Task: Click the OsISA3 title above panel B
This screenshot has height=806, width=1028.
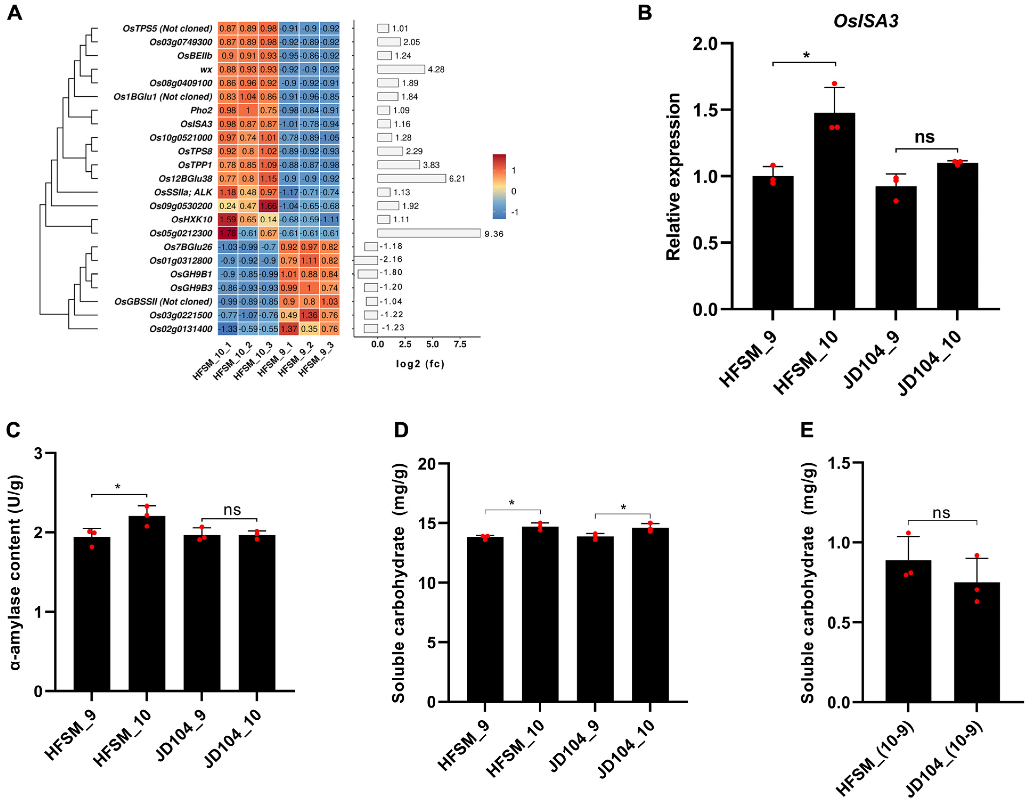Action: (x=865, y=21)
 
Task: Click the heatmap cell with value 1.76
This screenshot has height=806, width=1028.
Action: (x=227, y=233)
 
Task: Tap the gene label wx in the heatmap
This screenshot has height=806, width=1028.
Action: (x=206, y=69)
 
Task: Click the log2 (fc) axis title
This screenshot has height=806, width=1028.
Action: (x=420, y=364)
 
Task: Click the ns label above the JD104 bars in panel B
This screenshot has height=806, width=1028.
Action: (x=924, y=137)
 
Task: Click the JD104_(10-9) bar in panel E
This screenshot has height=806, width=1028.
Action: (x=976, y=642)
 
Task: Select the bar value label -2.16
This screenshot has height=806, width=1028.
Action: (x=392, y=260)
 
